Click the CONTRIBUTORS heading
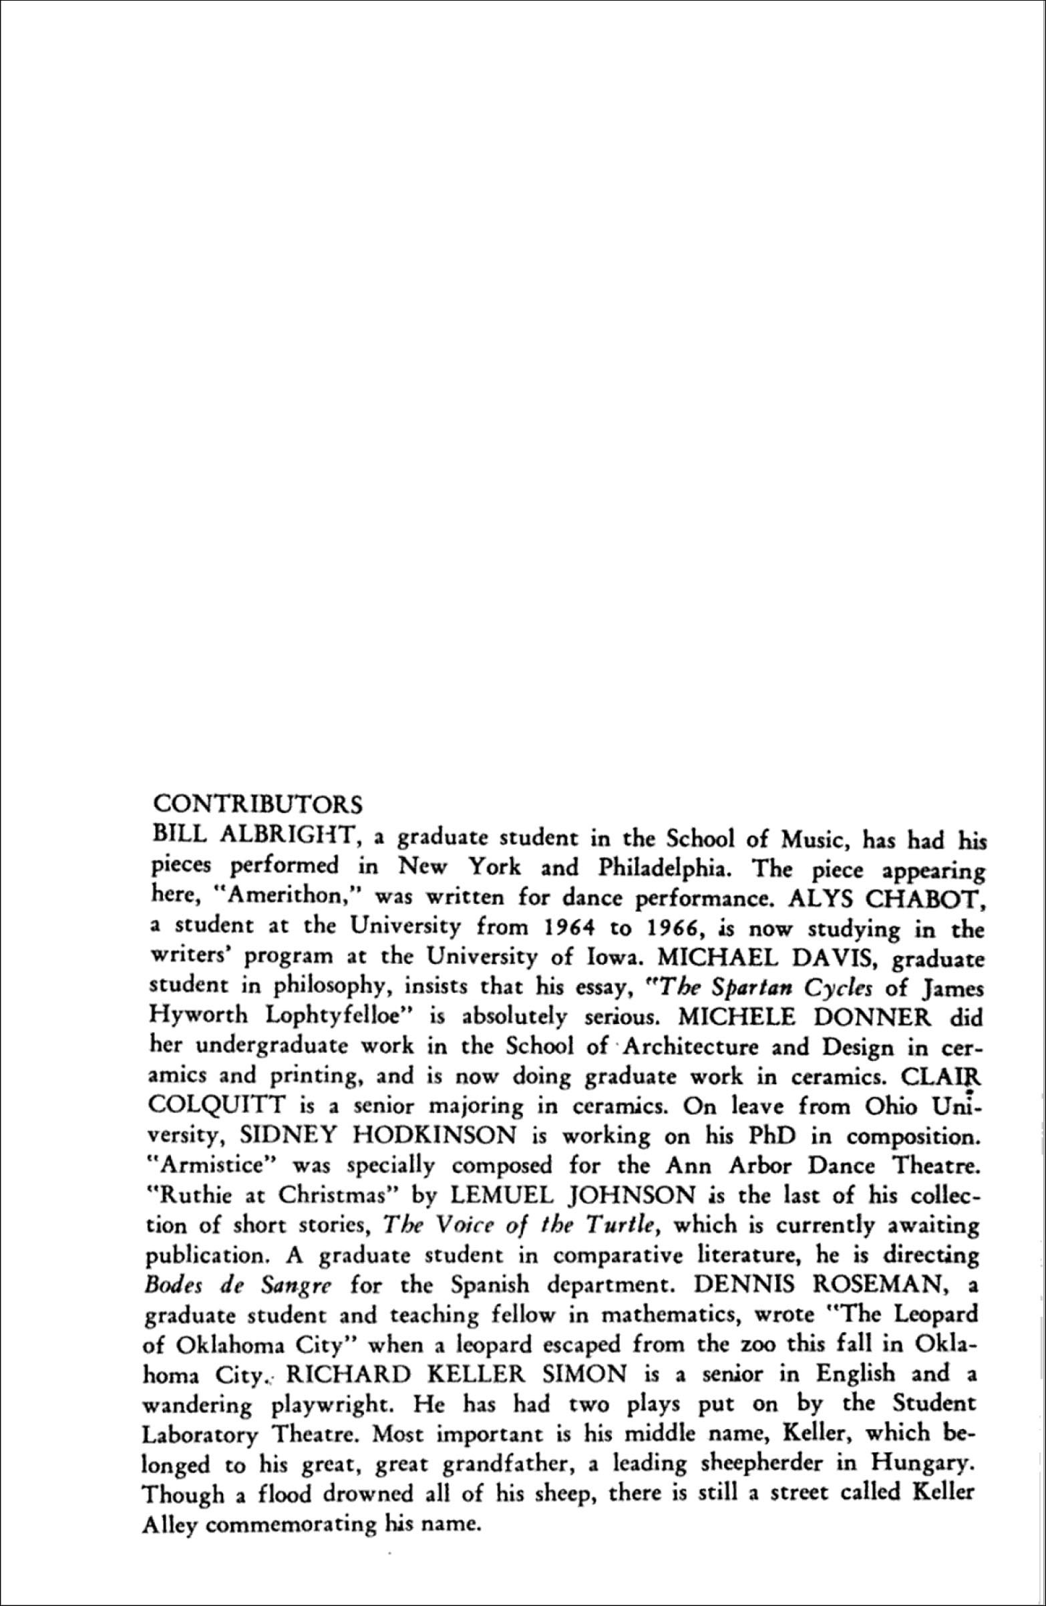point(258,804)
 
